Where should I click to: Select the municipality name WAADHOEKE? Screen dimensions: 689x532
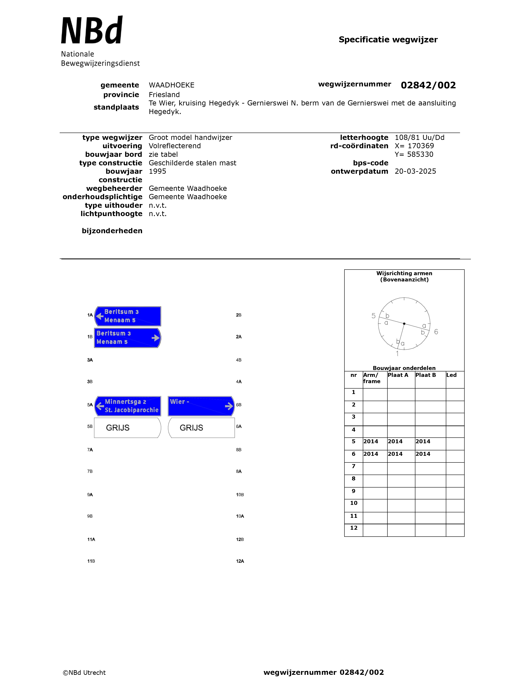pos(171,85)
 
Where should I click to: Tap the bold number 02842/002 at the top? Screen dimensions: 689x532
pos(428,85)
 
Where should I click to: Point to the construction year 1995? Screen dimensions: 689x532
pos(157,171)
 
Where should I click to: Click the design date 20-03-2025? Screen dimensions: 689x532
pos(415,171)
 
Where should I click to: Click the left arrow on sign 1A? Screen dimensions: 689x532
pos(100,316)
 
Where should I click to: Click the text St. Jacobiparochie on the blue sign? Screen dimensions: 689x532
pos(131,410)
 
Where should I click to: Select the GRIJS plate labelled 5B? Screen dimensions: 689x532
pos(127,428)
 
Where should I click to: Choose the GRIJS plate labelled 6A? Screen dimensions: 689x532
pos(201,428)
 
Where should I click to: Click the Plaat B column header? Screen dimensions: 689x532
pos(425,375)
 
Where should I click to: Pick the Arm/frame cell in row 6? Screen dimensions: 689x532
pos(375,454)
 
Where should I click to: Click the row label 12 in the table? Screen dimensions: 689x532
pos(354,528)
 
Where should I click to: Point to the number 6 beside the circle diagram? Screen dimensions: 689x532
pos(436,332)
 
